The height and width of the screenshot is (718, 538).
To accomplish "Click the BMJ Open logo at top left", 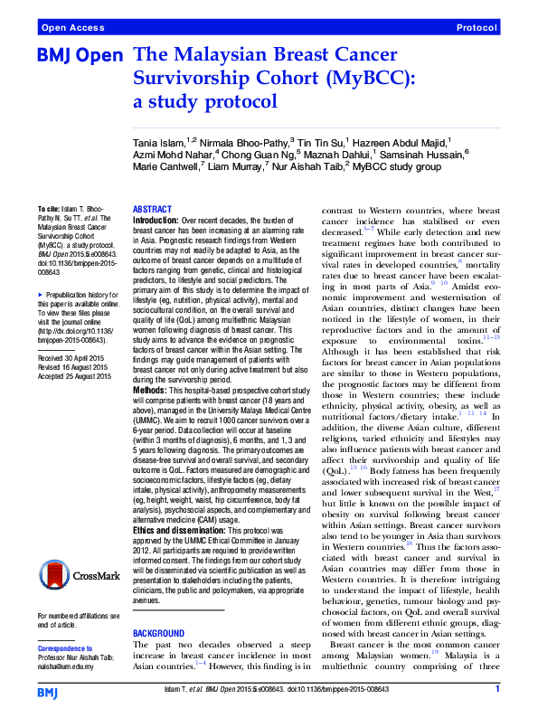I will click(79, 55).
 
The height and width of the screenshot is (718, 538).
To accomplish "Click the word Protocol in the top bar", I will click(477, 28).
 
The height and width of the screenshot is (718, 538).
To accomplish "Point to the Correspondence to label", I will click(66, 648).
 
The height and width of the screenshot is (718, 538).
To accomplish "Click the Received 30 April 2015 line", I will click(76, 333).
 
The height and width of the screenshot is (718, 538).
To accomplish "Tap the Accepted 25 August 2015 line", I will click(79, 351).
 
